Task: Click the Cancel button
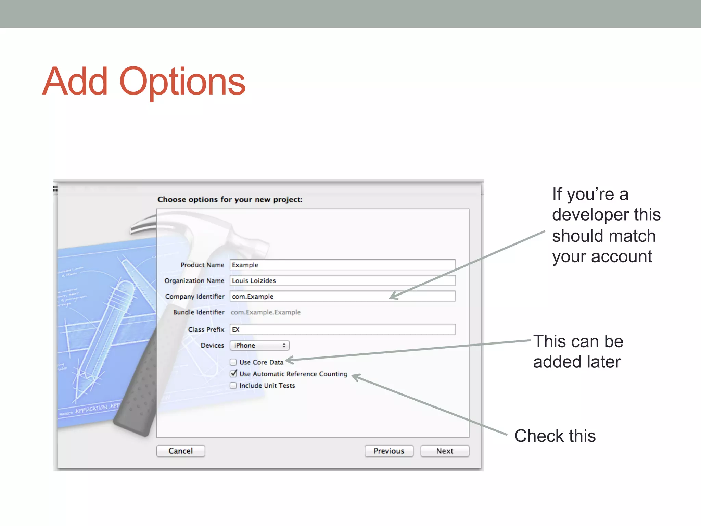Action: [180, 451]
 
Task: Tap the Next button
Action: [444, 451]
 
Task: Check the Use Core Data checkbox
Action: [233, 362]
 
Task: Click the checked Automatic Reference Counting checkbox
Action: [233, 374]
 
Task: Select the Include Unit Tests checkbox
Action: [233, 385]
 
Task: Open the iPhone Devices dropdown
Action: [259, 345]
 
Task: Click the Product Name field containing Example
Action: [342, 265]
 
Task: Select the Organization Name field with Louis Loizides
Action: [342, 280]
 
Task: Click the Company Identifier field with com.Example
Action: [342, 296]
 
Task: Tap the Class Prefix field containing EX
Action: [342, 329]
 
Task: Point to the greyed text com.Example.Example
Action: [266, 312]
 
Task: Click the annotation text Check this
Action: [555, 436]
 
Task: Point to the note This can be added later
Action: [578, 351]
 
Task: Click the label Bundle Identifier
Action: [199, 312]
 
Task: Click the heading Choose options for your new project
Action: [230, 199]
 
